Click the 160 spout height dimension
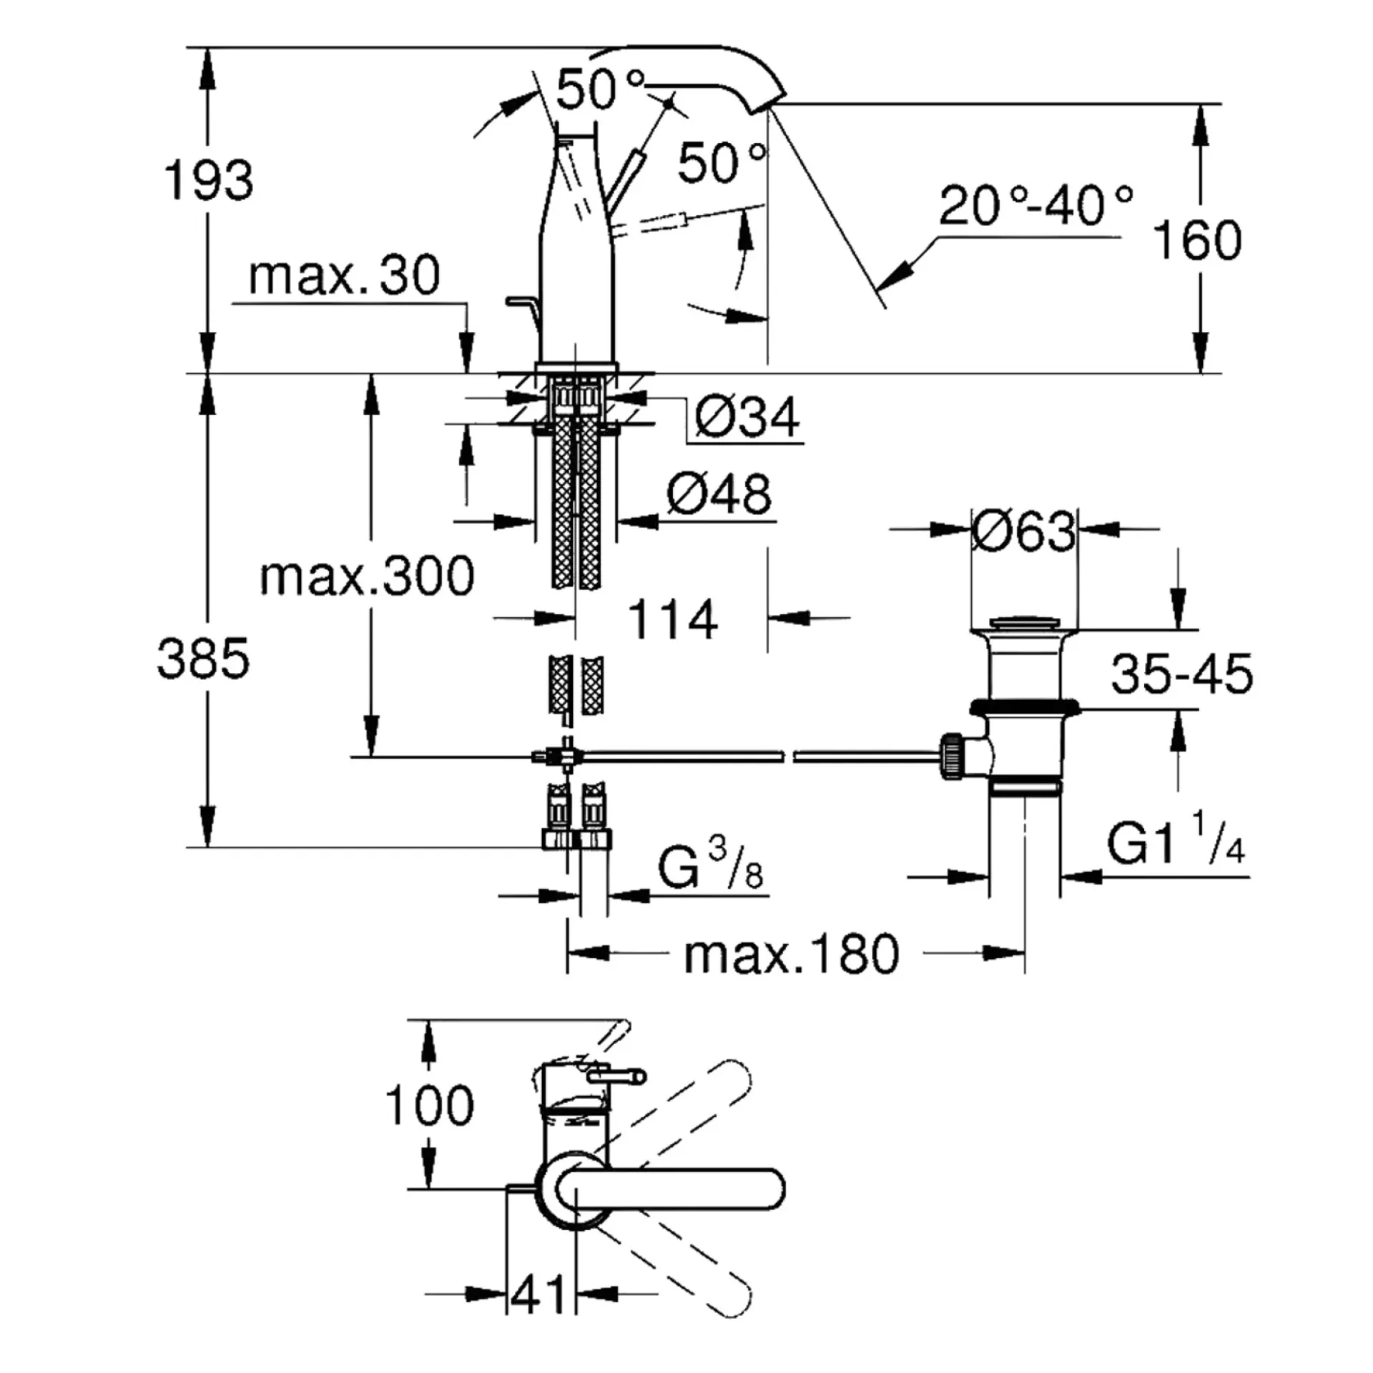pyautogui.click(x=1198, y=240)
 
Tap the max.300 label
pyautogui.click(x=367, y=576)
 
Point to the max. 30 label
pyautogui.click(x=344, y=276)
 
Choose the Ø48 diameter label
pyautogui.click(x=719, y=493)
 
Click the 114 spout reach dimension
pyautogui.click(x=673, y=619)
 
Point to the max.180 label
pyautogui.click(x=792, y=954)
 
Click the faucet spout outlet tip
pyautogui.click(x=765, y=106)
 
